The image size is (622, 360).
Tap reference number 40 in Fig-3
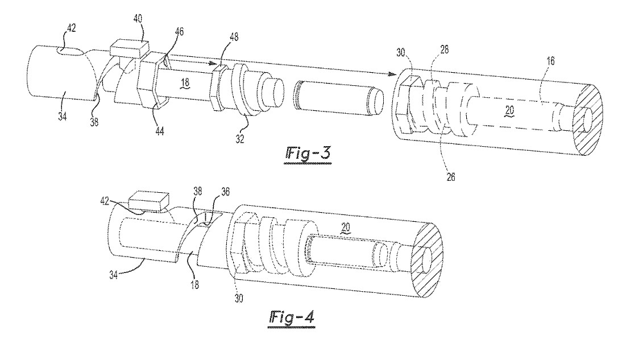coord(138,18)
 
